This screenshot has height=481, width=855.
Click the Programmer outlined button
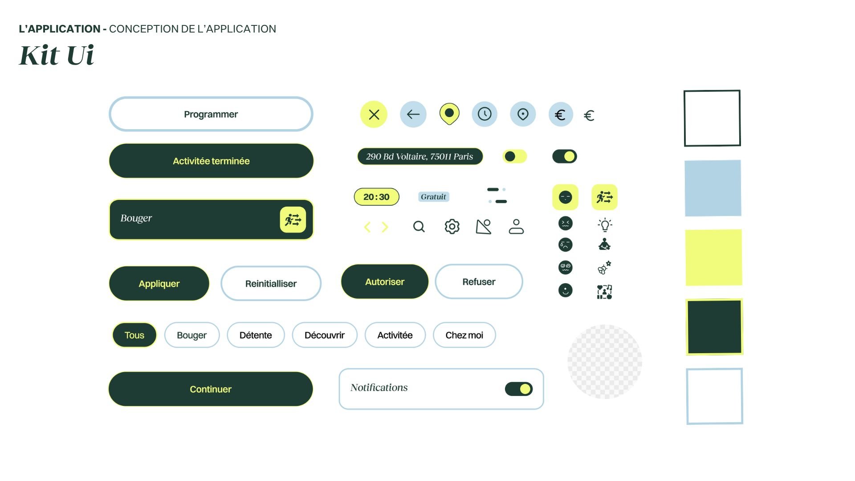(211, 114)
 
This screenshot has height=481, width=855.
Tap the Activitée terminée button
(211, 161)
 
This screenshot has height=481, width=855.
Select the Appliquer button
(159, 283)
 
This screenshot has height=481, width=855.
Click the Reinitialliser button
(271, 283)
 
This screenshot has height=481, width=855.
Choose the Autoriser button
(385, 281)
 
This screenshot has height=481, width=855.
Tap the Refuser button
(479, 281)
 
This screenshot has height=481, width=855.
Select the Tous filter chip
(134, 335)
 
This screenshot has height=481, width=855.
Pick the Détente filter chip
(256, 335)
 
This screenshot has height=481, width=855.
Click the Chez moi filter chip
(464, 335)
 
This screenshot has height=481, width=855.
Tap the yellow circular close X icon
(374, 114)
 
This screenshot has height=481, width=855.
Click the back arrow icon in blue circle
(413, 114)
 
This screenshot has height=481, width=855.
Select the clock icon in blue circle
(484, 114)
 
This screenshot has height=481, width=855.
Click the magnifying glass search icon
(419, 227)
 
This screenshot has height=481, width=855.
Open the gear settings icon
(452, 226)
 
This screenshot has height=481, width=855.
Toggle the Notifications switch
(519, 389)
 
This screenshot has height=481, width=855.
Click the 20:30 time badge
(376, 197)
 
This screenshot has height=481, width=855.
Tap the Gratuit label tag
(433, 197)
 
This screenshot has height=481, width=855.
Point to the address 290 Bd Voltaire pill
(419, 156)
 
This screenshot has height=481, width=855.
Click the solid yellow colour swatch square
(713, 257)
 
